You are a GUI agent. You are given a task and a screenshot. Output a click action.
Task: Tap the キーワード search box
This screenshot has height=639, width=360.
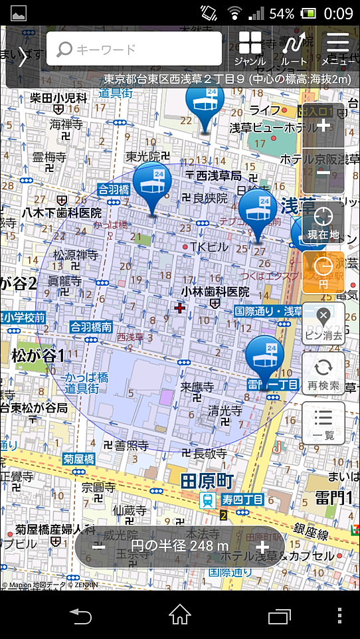[x=134, y=48]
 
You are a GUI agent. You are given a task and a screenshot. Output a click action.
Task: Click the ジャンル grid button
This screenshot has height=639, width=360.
[x=250, y=48]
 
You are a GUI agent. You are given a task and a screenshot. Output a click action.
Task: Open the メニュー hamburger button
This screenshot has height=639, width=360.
[x=338, y=48]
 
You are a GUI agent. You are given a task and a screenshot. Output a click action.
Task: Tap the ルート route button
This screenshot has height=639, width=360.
[x=294, y=48]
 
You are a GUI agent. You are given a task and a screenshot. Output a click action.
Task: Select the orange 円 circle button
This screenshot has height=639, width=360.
[x=323, y=272]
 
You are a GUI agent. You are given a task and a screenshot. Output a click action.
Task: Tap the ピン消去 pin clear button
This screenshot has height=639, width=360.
[x=323, y=323]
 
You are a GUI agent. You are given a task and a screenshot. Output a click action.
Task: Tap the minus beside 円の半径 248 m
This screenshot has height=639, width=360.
[x=98, y=547]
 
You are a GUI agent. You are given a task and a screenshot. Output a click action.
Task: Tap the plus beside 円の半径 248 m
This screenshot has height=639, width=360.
[x=262, y=547]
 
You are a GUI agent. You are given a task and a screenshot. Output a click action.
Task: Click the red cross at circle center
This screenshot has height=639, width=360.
[x=179, y=308]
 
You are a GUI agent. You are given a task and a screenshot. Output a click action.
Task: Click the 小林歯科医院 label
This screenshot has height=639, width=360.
[x=215, y=292]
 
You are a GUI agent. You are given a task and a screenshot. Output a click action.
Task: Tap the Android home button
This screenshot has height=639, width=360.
[x=180, y=616]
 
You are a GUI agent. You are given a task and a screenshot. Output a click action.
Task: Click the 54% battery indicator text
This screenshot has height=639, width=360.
[x=282, y=13]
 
